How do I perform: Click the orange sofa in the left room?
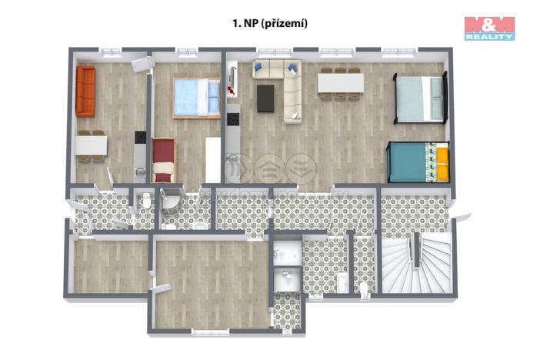click(85, 92)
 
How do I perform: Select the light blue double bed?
click(196, 98)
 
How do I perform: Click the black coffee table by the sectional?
click(266, 98)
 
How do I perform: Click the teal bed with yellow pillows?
click(418, 162)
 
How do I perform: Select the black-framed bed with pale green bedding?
click(420, 98)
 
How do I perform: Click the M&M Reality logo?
click(489, 28)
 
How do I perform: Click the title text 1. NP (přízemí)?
click(270, 24)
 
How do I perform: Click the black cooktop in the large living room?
click(232, 120)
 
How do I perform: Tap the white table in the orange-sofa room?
click(92, 145)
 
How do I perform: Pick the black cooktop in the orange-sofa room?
click(140, 138)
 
